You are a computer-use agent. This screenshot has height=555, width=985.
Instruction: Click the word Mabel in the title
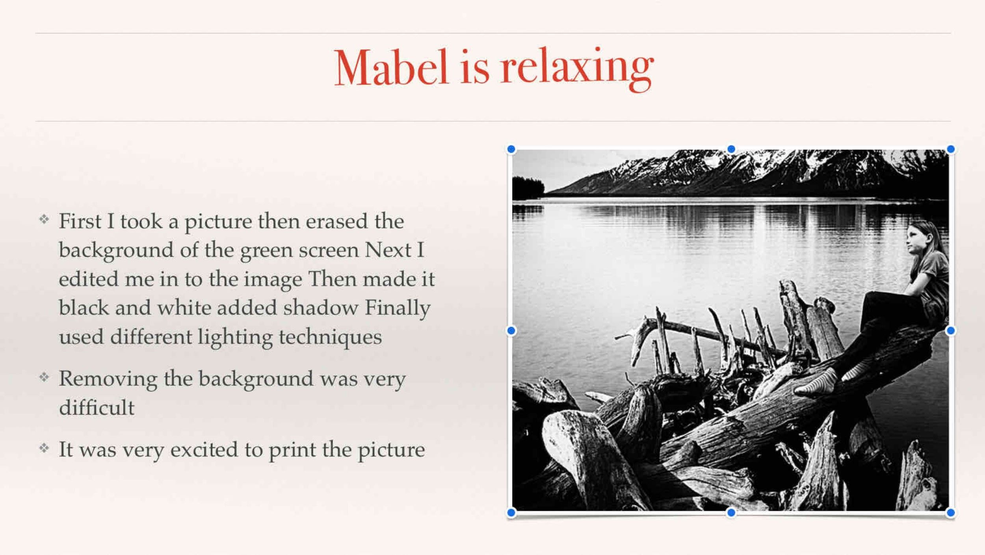click(x=391, y=67)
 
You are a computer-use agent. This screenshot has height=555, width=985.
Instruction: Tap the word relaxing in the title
click(x=577, y=69)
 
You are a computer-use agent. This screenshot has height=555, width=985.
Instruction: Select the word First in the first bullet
click(x=80, y=221)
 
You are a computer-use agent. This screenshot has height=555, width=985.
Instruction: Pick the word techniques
click(x=330, y=338)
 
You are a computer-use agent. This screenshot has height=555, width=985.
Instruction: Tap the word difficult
click(x=97, y=407)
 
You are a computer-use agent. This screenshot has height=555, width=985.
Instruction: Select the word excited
click(x=204, y=450)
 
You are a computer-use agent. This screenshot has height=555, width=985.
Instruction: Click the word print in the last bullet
click(x=292, y=451)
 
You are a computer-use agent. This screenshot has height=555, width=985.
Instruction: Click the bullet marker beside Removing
click(x=44, y=377)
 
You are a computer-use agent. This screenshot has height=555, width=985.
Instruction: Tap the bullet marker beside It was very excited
click(x=44, y=448)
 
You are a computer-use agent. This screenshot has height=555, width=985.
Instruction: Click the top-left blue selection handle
click(x=511, y=149)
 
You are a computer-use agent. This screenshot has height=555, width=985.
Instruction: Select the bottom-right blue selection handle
click(x=950, y=512)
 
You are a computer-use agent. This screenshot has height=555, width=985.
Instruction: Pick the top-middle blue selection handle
click(x=731, y=149)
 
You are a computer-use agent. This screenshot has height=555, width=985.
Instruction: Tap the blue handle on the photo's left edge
click(x=511, y=331)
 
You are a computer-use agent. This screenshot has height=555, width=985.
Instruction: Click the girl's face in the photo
click(x=914, y=238)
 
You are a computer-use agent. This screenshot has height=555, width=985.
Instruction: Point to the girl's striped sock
click(x=816, y=382)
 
